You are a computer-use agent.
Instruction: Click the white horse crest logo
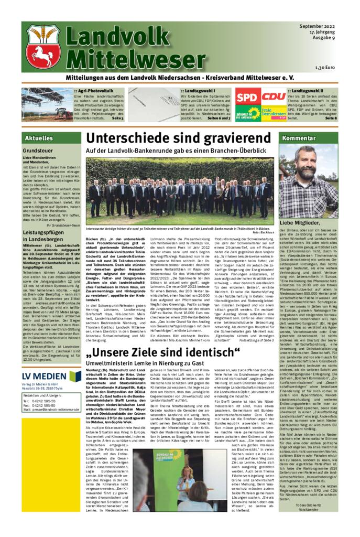click(x=43, y=48)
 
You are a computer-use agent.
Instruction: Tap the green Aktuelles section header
click(x=39, y=138)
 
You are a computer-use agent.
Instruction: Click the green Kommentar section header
click(x=297, y=138)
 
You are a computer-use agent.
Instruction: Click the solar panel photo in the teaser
click(x=47, y=104)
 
